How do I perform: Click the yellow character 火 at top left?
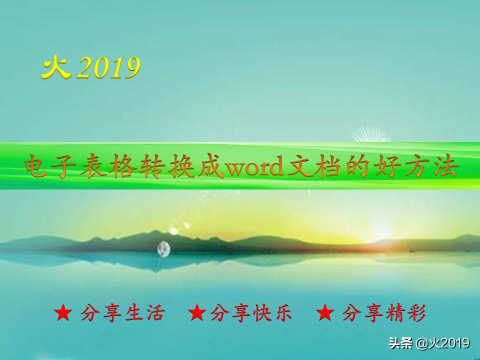pyautogui.click(x=56, y=67)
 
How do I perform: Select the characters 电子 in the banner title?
pyautogui.click(x=50, y=166)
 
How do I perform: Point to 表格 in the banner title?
pyautogui.click(x=109, y=166)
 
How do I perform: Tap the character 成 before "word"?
pyautogui.click(x=211, y=166)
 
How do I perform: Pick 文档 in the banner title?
pyautogui.click(x=314, y=166)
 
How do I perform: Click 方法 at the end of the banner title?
pyautogui.click(x=431, y=166)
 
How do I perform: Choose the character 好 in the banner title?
pyautogui.click(x=387, y=166)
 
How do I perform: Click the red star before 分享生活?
pyautogui.click(x=63, y=312)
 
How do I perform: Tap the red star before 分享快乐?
pyautogui.click(x=197, y=312)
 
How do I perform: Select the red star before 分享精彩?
pyautogui.click(x=325, y=312)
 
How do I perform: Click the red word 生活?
pyautogui.click(x=145, y=313)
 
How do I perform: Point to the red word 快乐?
pyautogui.click(x=273, y=313)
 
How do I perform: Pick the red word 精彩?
pyautogui.click(x=405, y=313)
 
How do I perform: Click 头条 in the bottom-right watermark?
pyautogui.click(x=400, y=343)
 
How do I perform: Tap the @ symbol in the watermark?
pyautogui.click(x=422, y=343)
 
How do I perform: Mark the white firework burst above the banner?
pyautogui.click(x=371, y=134)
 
